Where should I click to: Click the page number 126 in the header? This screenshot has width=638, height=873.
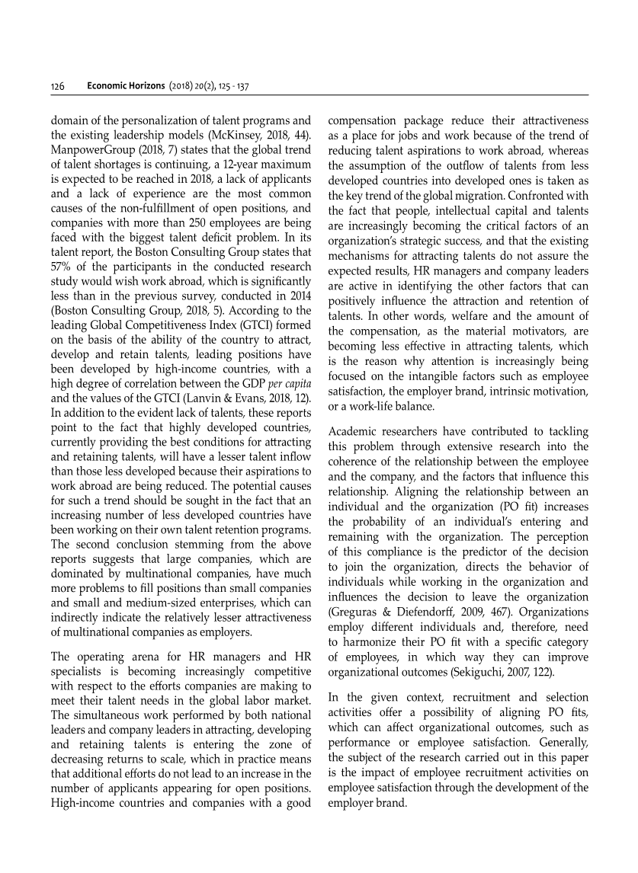click(x=56, y=86)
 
